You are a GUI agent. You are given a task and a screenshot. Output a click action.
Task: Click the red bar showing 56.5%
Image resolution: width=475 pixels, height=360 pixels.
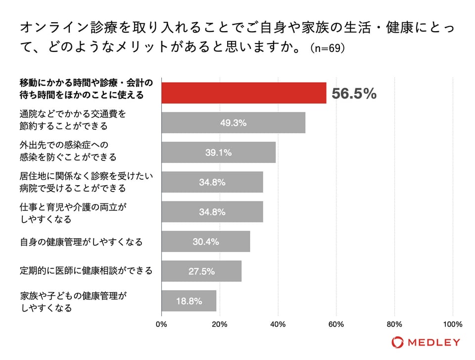[243, 93]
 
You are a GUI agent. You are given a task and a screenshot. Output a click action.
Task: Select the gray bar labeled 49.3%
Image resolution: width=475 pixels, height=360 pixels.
[233, 123]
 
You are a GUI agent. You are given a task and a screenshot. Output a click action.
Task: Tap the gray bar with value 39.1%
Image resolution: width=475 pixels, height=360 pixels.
[218, 153]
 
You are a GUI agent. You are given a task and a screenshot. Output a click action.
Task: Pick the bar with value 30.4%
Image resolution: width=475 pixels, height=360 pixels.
[205, 242]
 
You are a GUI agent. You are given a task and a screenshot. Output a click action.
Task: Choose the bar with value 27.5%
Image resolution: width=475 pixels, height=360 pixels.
[201, 271]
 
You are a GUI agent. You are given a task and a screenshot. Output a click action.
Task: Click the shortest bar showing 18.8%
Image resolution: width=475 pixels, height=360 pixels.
[189, 301]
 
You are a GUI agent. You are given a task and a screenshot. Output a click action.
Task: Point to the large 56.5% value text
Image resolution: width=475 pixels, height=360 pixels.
[354, 94]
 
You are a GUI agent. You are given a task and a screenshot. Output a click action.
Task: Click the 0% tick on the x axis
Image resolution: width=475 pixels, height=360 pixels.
[162, 325]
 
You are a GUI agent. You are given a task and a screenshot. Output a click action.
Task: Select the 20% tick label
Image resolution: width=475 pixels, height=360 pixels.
[220, 325]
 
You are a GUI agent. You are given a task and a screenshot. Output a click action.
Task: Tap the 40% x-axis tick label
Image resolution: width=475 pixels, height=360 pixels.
[278, 325]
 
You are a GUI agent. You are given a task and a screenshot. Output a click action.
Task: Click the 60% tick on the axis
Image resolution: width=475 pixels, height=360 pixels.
[336, 325]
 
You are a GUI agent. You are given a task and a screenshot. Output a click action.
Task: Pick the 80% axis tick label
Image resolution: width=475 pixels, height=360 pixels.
[394, 325]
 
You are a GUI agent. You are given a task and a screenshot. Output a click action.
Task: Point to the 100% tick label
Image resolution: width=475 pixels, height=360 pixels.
[453, 325]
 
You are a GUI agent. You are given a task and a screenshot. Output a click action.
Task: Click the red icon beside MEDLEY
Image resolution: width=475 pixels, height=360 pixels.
[397, 342]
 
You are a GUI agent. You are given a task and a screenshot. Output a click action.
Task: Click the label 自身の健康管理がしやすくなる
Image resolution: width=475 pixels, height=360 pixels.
[81, 242]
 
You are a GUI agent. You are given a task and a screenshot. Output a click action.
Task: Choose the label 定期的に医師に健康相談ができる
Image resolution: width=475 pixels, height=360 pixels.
[86, 271]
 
